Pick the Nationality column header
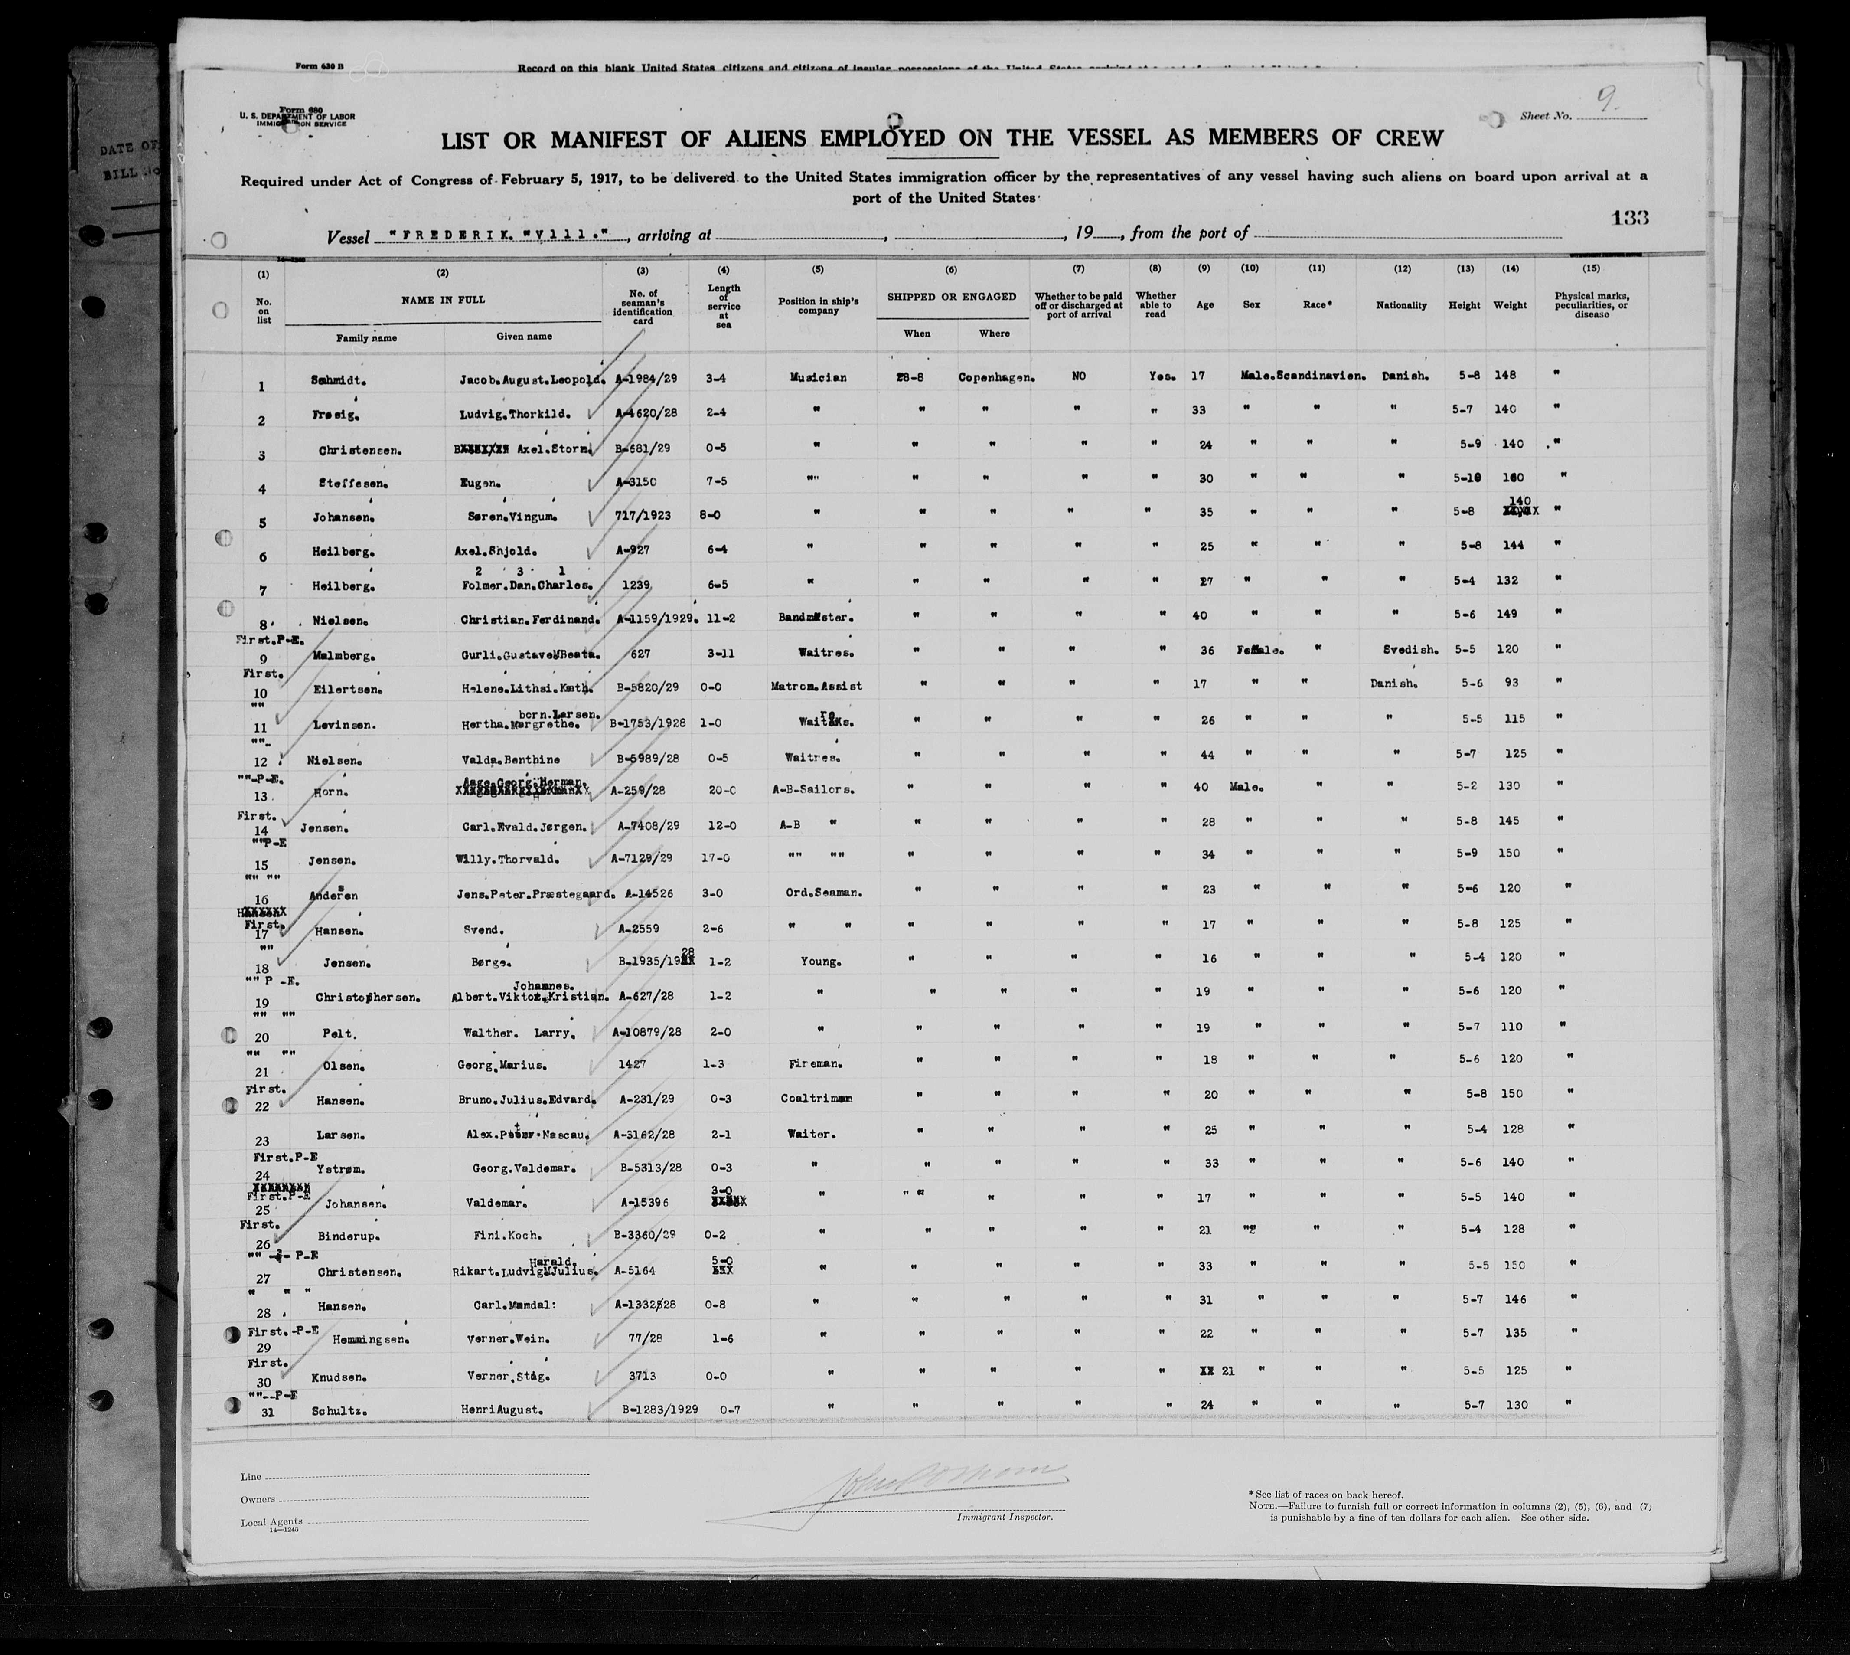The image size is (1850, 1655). coord(1401,305)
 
